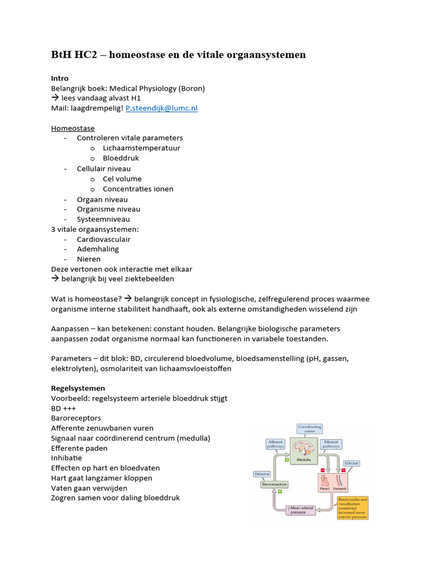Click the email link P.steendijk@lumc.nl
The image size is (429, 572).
pos(161,108)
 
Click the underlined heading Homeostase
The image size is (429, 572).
pos(73,128)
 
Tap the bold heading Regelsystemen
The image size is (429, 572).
pos(78,388)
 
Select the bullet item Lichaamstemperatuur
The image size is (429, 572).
pos(141,148)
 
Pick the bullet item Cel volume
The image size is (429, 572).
pos(122,179)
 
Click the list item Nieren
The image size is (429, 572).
pos(88,259)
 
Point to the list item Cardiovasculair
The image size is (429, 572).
pos(103,239)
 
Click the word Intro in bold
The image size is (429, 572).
pos(60,78)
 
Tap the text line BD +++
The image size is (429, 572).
pos(64,408)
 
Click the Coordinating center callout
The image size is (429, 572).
pos(309,429)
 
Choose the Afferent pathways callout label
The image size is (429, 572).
pos(277,444)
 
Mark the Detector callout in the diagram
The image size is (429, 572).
pos(261,473)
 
